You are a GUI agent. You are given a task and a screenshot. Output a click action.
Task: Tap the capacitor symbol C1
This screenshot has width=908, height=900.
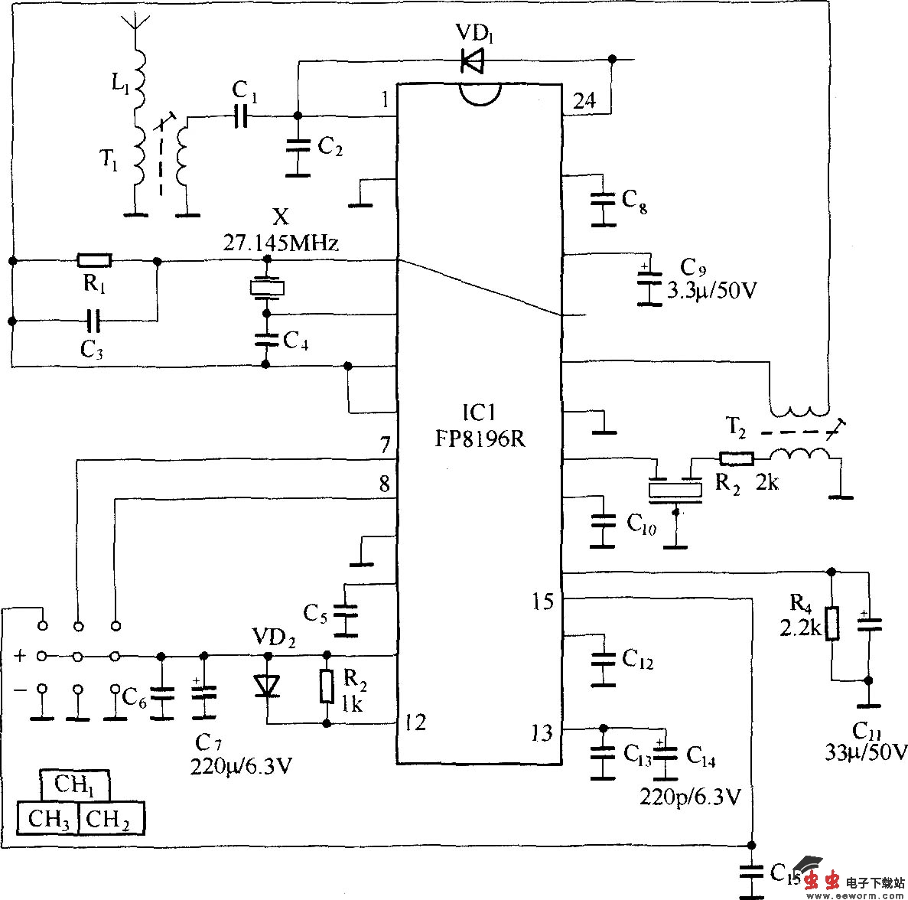(x=242, y=116)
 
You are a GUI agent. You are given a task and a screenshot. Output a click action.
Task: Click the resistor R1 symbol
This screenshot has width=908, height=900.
(x=94, y=261)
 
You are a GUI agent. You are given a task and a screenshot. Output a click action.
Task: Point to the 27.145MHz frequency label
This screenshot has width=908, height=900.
(x=281, y=244)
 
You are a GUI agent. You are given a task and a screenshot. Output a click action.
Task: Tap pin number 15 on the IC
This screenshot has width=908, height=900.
(x=542, y=602)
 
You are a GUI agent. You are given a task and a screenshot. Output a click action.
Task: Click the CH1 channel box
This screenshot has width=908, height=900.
(x=74, y=785)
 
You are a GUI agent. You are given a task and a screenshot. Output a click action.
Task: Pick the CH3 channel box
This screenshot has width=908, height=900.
(x=48, y=819)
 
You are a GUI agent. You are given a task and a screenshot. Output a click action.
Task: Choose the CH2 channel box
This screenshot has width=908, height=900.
(x=110, y=819)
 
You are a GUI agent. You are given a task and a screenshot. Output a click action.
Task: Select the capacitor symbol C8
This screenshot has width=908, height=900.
(x=604, y=201)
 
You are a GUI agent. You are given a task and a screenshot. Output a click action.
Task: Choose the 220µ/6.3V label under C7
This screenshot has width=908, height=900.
(x=241, y=765)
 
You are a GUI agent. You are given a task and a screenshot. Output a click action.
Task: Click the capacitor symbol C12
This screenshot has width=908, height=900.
(x=604, y=658)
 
